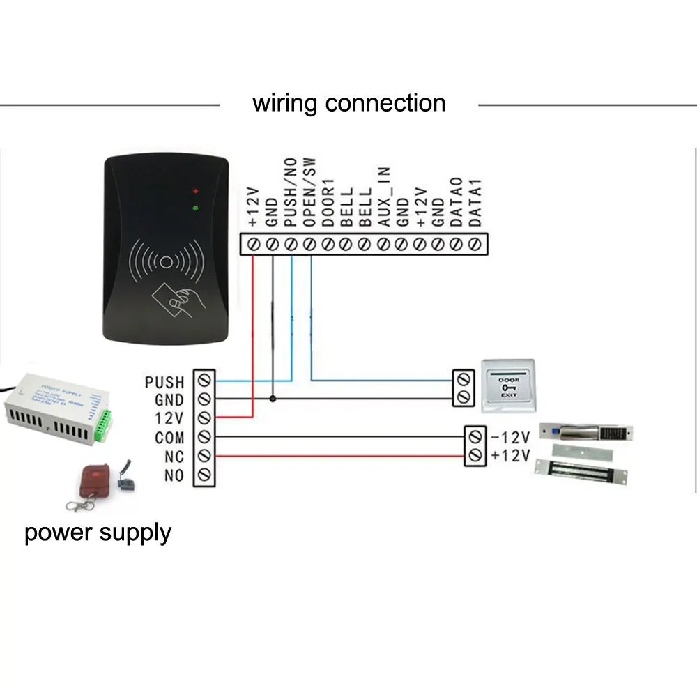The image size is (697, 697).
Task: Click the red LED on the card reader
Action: (196, 190)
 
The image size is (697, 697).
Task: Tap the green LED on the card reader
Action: (196, 207)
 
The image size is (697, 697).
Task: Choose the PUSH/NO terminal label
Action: (291, 192)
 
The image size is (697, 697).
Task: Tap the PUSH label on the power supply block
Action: (164, 382)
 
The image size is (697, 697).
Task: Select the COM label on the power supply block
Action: (169, 438)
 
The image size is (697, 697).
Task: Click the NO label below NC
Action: (174, 476)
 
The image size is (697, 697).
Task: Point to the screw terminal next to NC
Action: (204, 457)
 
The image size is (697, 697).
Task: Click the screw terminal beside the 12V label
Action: (204, 418)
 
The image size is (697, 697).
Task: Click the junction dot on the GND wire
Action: (273, 399)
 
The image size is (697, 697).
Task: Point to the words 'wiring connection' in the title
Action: (348, 103)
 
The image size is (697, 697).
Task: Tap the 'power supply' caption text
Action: (98, 533)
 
